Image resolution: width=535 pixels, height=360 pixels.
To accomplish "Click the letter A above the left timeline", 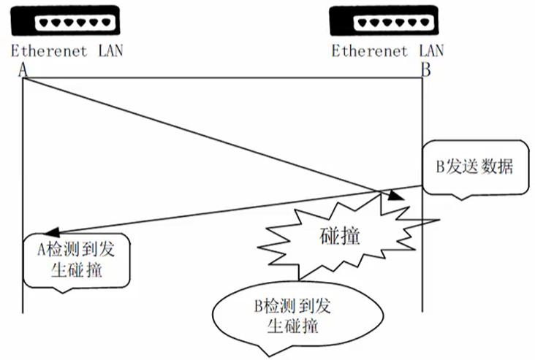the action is click(23, 70).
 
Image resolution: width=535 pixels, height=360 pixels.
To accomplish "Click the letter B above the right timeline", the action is click(426, 70).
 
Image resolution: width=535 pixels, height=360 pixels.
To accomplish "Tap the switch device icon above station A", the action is click(65, 20).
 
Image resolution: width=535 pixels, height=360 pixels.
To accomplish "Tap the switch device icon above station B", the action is click(384, 20).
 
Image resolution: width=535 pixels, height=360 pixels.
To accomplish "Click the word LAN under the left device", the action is click(110, 50).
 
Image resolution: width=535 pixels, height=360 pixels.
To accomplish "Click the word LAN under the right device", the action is click(431, 50).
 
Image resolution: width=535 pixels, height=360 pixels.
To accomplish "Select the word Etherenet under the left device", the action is click(49, 51).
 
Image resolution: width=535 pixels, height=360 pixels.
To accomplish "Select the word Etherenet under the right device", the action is click(370, 51).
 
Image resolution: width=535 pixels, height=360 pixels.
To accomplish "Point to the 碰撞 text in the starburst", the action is click(340, 236).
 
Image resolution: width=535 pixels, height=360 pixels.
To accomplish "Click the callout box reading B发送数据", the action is click(476, 168).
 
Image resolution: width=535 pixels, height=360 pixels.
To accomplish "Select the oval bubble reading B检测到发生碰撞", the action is click(297, 316).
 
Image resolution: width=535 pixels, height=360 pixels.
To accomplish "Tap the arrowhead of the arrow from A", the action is click(396, 196).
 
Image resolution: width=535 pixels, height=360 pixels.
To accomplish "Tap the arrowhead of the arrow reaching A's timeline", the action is click(52, 231).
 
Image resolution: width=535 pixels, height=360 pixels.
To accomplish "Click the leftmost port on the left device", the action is click(44, 23).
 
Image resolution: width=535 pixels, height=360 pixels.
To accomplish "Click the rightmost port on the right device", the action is click(425, 23).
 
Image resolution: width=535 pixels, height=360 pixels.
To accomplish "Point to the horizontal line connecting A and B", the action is click(222, 78).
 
